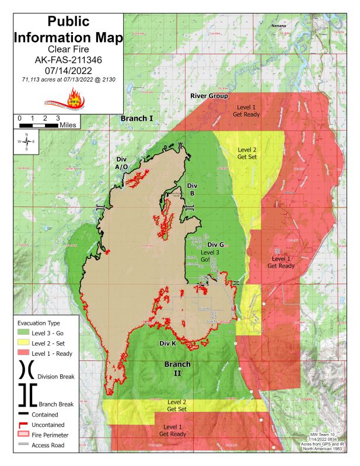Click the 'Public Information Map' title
68,30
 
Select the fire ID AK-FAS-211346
68,59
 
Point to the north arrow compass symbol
26,142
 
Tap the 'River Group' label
209,96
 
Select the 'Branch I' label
137,118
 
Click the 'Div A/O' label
121,162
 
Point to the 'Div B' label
193,189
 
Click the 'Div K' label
168,344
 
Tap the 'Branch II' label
177,369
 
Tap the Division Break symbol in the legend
26,370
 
